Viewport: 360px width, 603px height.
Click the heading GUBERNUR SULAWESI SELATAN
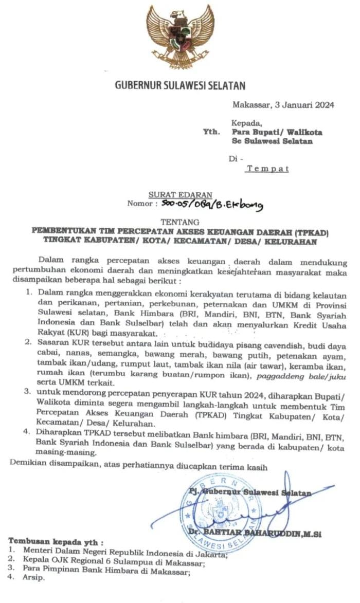pyautogui.click(x=179, y=85)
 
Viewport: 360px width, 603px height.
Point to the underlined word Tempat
pyautogui.click(x=267, y=168)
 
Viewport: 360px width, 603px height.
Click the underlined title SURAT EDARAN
pyautogui.click(x=180, y=195)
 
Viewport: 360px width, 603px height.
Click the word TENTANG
pyautogui.click(x=179, y=222)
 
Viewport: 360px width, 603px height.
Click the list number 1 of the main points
pyautogui.click(x=29, y=292)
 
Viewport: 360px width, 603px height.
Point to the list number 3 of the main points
pyautogui.click(x=29, y=393)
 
